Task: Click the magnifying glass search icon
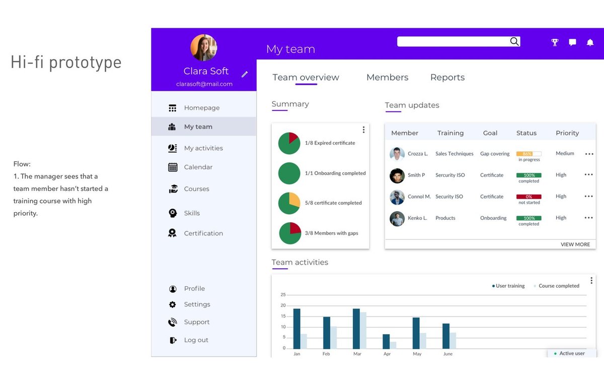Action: [x=514, y=41]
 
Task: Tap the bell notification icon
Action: [x=590, y=42]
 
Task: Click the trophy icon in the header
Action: [x=555, y=42]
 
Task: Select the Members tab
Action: [x=387, y=77]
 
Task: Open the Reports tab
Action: [x=447, y=78]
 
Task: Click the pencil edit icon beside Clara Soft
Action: [x=245, y=74]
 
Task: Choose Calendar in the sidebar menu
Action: [x=198, y=167]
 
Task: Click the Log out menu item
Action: [x=196, y=340]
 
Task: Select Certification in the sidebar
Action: [x=203, y=233]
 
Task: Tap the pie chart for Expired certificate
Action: [x=289, y=143]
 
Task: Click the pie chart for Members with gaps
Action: [x=290, y=233]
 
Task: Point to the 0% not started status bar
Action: [x=529, y=197]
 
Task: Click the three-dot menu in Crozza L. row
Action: [x=589, y=154]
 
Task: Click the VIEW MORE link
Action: [x=575, y=244]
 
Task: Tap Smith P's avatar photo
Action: [x=397, y=176]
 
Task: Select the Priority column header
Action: [x=567, y=133]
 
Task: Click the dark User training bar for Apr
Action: [x=386, y=341]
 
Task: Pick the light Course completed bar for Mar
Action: [x=363, y=330]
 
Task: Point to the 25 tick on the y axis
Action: [x=283, y=294]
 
